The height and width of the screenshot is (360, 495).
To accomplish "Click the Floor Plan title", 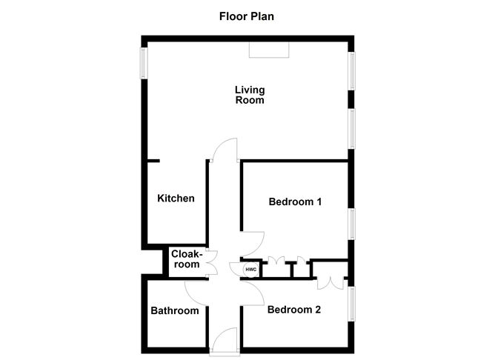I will tap(247, 15).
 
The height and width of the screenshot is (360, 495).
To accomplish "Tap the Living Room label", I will tap(250, 96).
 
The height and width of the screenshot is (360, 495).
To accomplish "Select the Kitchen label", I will tap(176, 199).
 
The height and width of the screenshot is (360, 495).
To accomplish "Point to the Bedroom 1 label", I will tap(295, 201).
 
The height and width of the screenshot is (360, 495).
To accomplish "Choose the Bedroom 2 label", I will tap(294, 310).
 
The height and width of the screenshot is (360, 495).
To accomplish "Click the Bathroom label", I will tap(175, 311).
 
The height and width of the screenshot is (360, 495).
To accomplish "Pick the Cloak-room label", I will tap(186, 259).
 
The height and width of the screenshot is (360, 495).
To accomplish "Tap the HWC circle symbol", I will tap(250, 269).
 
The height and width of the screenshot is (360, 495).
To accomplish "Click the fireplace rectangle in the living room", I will tap(269, 50).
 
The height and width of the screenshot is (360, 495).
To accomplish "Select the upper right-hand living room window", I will tap(353, 71).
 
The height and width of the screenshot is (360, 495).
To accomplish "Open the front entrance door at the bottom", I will tap(223, 343).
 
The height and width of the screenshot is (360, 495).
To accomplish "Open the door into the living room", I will tap(223, 152).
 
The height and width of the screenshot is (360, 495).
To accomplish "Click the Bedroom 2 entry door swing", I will tap(253, 291).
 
